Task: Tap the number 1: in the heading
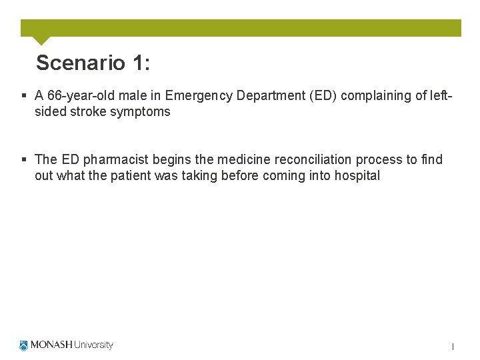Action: [141, 63]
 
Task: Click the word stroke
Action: [81, 112]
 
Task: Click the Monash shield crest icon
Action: [25, 345]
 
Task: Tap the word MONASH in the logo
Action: [51, 345]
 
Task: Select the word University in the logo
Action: [93, 345]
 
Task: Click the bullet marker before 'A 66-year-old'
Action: [25, 95]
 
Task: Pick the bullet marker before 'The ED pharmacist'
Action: [25, 159]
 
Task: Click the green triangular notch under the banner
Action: [41, 40]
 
